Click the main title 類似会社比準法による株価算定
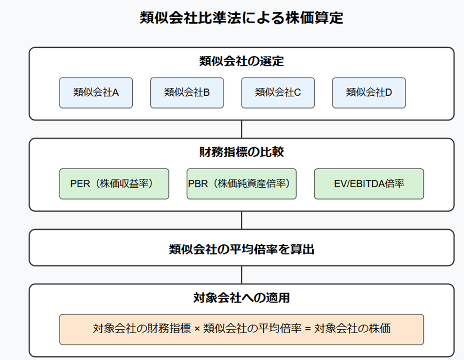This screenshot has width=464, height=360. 241,18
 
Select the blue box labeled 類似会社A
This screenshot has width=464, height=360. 96,93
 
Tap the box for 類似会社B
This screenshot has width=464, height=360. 187,93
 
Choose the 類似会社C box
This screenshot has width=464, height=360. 278,93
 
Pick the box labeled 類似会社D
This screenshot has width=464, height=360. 369,93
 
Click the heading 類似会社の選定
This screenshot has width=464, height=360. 241,61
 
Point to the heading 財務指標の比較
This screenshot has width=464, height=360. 241,152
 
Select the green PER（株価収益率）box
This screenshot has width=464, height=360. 114,184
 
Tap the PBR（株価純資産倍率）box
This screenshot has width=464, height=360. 241,184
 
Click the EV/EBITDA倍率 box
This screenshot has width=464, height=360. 369,184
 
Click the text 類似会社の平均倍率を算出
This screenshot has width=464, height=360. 241,249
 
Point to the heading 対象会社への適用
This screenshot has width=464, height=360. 241,298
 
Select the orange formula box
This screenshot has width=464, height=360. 241,329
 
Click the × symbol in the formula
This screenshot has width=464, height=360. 198,329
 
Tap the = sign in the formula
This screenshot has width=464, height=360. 308,329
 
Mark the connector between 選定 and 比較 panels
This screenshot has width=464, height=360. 241,129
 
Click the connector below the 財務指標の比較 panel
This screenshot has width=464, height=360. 241,220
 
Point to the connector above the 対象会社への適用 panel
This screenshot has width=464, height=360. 241,275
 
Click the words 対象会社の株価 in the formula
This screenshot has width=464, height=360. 352,329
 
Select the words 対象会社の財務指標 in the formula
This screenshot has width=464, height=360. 142,329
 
